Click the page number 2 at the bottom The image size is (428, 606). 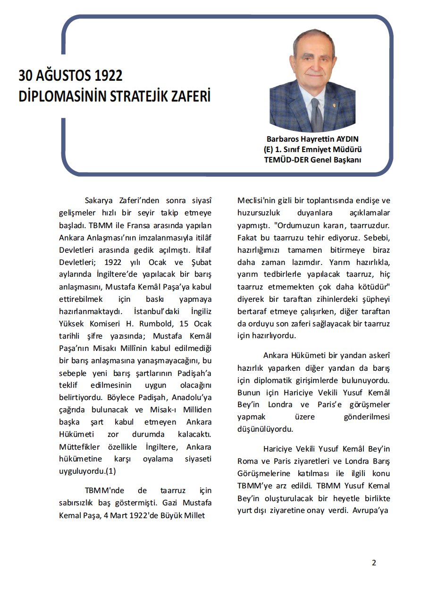(374, 563)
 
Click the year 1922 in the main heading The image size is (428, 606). (108, 76)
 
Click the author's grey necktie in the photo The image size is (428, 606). (316, 113)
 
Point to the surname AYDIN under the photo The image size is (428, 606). (346, 139)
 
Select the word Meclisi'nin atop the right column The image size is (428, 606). (256, 200)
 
